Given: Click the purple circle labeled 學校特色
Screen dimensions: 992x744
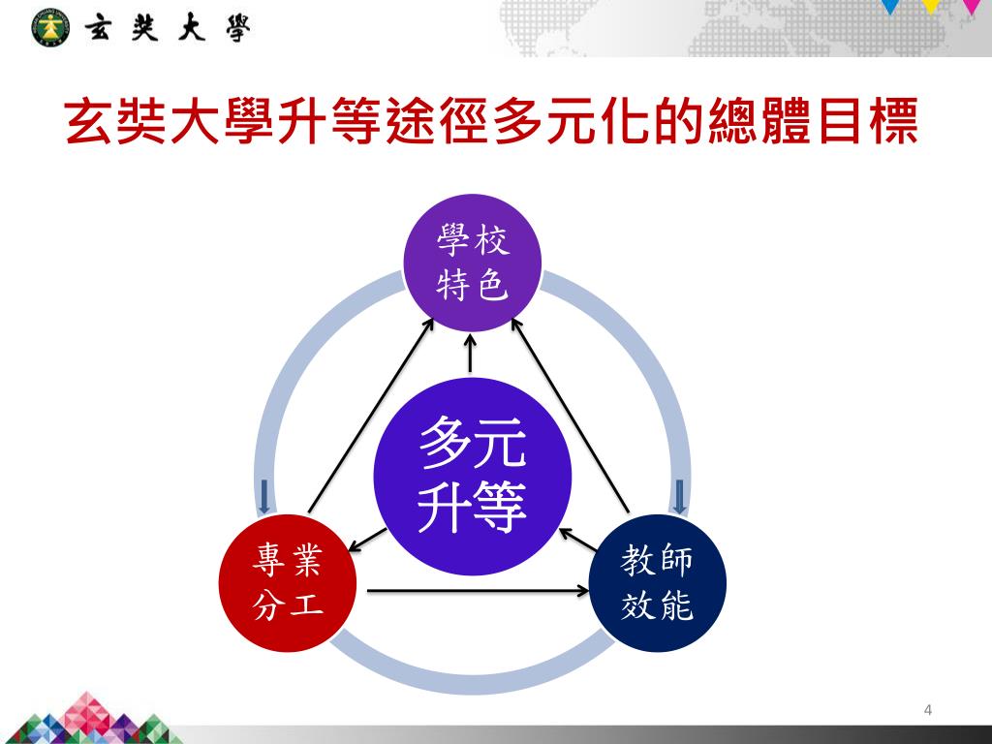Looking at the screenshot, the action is pyautogui.click(x=472, y=263).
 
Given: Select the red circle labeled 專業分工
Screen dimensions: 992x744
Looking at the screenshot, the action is pyautogui.click(x=288, y=582).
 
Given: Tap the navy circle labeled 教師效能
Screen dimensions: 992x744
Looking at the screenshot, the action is pyautogui.click(x=657, y=582).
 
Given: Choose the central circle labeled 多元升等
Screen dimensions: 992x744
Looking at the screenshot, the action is pyautogui.click(x=473, y=475).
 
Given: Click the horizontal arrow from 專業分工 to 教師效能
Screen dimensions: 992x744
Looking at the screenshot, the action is pyautogui.click(x=479, y=589).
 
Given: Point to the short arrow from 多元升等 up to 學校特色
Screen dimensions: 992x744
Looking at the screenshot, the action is pyautogui.click(x=471, y=354).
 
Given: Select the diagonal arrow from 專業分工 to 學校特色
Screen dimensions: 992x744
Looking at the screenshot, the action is pyautogui.click(x=370, y=417).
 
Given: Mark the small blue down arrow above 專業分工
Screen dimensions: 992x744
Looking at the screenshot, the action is pyautogui.click(x=264, y=495).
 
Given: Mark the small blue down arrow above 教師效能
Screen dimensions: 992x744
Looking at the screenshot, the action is pyautogui.click(x=679, y=495).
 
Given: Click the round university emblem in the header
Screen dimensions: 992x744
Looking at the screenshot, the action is pyautogui.click(x=51, y=28).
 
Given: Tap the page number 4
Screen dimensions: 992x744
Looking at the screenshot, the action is pyautogui.click(x=928, y=711).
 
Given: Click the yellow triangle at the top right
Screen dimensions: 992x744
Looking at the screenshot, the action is pyautogui.click(x=931, y=6).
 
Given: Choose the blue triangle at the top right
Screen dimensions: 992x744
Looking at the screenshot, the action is pyautogui.click(x=891, y=6).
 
